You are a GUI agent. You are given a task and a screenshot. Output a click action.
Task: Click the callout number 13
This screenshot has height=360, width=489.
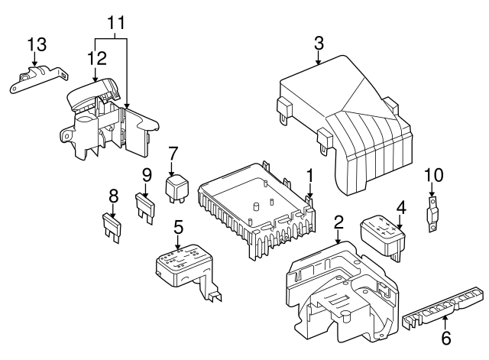36,43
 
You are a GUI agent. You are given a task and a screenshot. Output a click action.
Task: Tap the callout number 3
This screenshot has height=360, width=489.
319,45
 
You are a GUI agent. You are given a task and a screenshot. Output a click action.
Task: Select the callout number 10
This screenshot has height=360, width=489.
433,174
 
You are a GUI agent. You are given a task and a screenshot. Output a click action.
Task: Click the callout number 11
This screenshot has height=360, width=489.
115,23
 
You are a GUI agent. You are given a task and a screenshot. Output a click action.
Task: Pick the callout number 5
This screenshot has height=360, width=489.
178,227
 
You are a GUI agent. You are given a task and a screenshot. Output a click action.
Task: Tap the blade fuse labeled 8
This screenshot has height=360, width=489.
112,227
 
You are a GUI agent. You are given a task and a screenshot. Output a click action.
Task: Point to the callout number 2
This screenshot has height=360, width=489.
339,222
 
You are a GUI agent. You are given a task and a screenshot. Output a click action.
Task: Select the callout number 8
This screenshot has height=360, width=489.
113,195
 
